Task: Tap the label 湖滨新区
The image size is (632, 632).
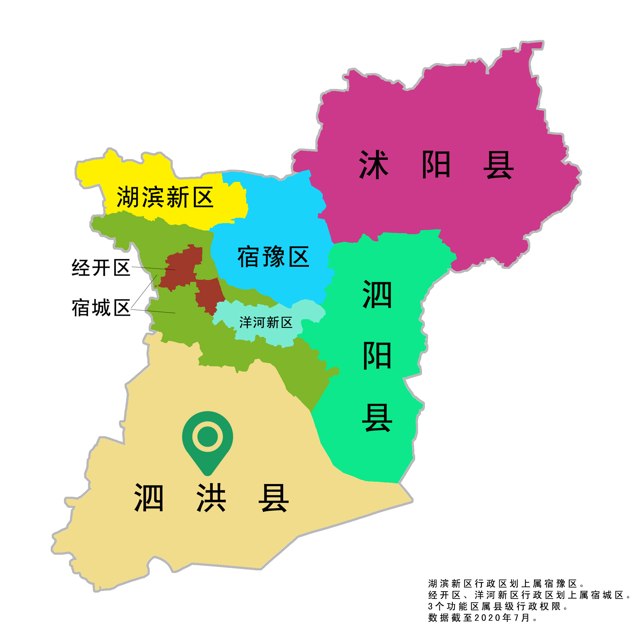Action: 165,197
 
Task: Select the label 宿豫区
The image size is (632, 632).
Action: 273,257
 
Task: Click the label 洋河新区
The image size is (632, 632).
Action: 266,323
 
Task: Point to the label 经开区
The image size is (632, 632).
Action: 101,268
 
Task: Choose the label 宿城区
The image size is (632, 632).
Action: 101,308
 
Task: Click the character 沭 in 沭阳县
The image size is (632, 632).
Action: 373,165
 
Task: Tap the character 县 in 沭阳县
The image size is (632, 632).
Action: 498,165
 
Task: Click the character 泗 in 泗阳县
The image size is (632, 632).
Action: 377,295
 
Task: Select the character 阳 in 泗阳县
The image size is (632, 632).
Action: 377,356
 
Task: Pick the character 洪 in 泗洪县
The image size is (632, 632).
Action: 211,498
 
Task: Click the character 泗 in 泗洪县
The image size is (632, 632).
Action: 149,498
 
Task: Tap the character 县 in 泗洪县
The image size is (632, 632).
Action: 273,498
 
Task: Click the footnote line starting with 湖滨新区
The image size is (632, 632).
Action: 506,584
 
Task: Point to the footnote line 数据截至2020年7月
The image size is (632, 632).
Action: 482,617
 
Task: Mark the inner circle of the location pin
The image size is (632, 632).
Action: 207,436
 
